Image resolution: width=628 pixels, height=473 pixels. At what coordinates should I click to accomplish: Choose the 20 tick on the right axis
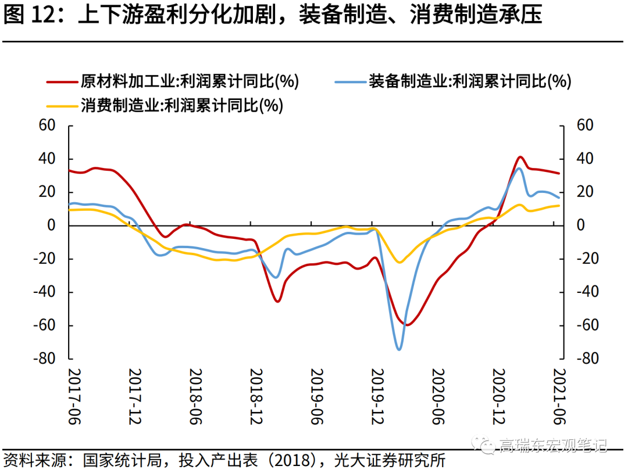tap(583, 192)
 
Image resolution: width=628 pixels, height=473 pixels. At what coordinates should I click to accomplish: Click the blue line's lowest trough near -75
tap(399, 349)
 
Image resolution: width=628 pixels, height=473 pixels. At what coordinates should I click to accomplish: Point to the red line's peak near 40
tap(520, 157)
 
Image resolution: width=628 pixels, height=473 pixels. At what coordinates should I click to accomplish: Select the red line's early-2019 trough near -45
tap(277, 301)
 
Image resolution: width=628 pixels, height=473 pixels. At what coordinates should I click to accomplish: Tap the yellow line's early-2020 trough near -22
tap(399, 262)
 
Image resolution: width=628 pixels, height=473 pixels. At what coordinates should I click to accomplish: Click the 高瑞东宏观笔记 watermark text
tap(552, 446)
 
